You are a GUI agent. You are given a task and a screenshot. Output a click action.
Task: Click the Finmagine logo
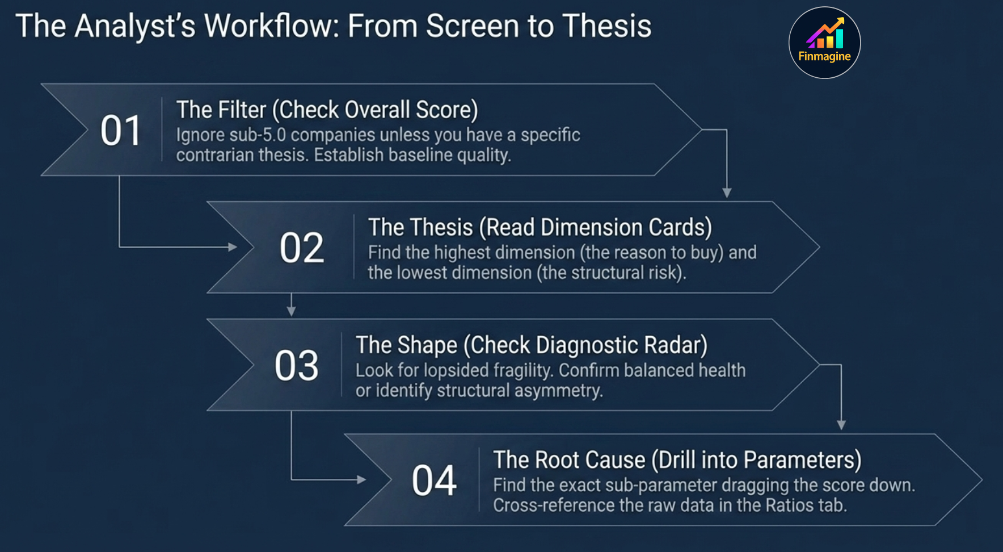point(824,43)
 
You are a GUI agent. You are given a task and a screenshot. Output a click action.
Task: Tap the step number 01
point(120,131)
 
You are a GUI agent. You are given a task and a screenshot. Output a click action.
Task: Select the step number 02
point(301,248)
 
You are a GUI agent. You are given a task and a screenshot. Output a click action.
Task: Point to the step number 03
point(296,365)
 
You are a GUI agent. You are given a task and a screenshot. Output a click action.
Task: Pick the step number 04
point(434,480)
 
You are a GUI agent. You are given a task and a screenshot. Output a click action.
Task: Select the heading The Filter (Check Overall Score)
point(327,110)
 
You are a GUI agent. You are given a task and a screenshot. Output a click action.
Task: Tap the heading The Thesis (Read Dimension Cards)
point(540,227)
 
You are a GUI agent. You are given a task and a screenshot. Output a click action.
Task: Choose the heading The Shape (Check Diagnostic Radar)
point(532,345)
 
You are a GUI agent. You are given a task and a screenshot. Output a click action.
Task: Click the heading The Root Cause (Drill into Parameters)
point(677,460)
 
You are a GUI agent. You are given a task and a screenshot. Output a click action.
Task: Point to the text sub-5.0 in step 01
point(259,135)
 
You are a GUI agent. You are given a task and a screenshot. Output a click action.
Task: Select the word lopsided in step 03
point(456,370)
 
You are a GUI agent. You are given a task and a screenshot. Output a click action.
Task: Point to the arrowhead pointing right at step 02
point(232,247)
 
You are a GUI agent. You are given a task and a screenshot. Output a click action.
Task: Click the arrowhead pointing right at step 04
point(361,480)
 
